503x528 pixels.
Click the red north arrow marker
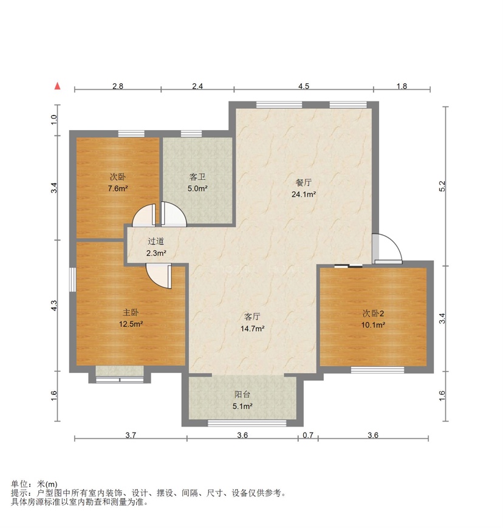pyautogui.click(x=58, y=86)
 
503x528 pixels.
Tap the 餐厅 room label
pyautogui.click(x=303, y=182)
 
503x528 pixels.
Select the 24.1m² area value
pyautogui.click(x=303, y=194)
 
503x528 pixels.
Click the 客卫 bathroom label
pyautogui.click(x=197, y=177)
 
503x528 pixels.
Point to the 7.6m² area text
pyautogui.click(x=117, y=188)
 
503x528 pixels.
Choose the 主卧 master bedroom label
pyautogui.click(x=131, y=312)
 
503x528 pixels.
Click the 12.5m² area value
pyautogui.click(x=131, y=324)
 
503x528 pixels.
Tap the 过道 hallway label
pyautogui.click(x=156, y=241)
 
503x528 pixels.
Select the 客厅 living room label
pyautogui.click(x=252, y=317)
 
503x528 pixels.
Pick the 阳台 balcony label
pyautogui.click(x=242, y=394)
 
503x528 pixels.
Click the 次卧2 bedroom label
pyautogui.click(x=373, y=314)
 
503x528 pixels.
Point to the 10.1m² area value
pyautogui.click(x=373, y=325)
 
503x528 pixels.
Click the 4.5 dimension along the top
pyautogui.click(x=303, y=86)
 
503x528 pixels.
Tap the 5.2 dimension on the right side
pyautogui.click(x=442, y=186)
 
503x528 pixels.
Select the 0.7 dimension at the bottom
pyautogui.click(x=308, y=435)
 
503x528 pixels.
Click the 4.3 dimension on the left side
pyautogui.click(x=54, y=306)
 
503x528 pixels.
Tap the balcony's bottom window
pyautogui.click(x=247, y=423)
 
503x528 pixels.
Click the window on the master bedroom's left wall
pyautogui.click(x=72, y=279)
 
